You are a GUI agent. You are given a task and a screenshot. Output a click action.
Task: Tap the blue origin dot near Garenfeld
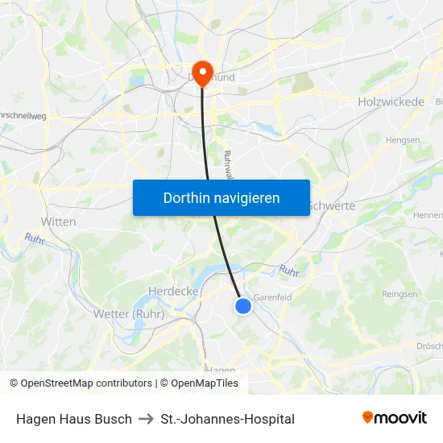(243, 305)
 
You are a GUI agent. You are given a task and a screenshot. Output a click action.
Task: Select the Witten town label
(58, 221)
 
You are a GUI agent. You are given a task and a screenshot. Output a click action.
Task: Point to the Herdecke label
(173, 291)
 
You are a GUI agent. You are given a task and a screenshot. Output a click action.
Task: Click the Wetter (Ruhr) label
(129, 314)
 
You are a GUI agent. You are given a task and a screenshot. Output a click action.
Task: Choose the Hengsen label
(403, 139)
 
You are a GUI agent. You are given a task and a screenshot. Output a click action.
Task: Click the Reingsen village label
(400, 295)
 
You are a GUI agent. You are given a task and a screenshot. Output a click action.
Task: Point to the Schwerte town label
(332, 206)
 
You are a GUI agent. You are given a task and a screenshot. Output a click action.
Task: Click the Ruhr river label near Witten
(35, 239)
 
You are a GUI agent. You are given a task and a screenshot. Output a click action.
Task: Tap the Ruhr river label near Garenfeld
(288, 271)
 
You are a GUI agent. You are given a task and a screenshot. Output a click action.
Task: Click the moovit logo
(394, 418)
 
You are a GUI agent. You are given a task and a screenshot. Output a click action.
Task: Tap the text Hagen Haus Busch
(74, 419)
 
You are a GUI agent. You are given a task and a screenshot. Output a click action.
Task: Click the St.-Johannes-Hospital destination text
(227, 419)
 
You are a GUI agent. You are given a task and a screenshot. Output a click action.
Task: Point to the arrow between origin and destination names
(146, 419)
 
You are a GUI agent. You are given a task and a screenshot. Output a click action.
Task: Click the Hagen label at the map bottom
(220, 371)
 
